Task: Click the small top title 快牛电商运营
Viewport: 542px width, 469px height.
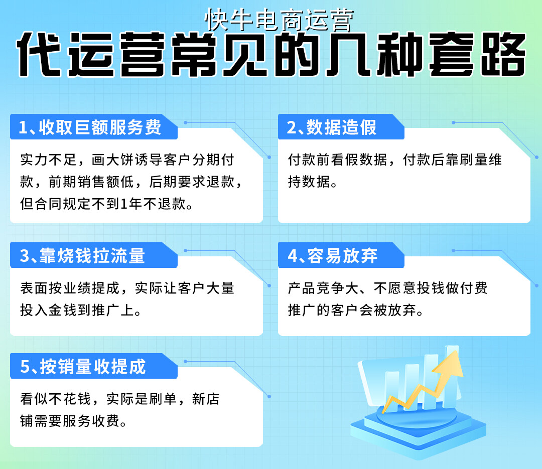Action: (280, 21)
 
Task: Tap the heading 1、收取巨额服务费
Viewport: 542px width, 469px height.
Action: (90, 127)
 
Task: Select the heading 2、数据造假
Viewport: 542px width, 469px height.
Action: (332, 127)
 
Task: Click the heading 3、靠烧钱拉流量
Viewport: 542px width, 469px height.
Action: (83, 256)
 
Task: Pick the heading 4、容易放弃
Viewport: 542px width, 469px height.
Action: (333, 256)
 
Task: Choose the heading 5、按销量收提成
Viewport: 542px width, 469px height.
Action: (83, 367)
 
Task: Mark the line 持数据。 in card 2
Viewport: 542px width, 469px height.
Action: (312, 183)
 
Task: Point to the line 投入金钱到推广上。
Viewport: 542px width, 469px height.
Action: (80, 310)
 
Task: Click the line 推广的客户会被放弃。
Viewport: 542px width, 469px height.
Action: (356, 310)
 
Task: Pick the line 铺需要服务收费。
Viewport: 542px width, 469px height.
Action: (73, 421)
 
